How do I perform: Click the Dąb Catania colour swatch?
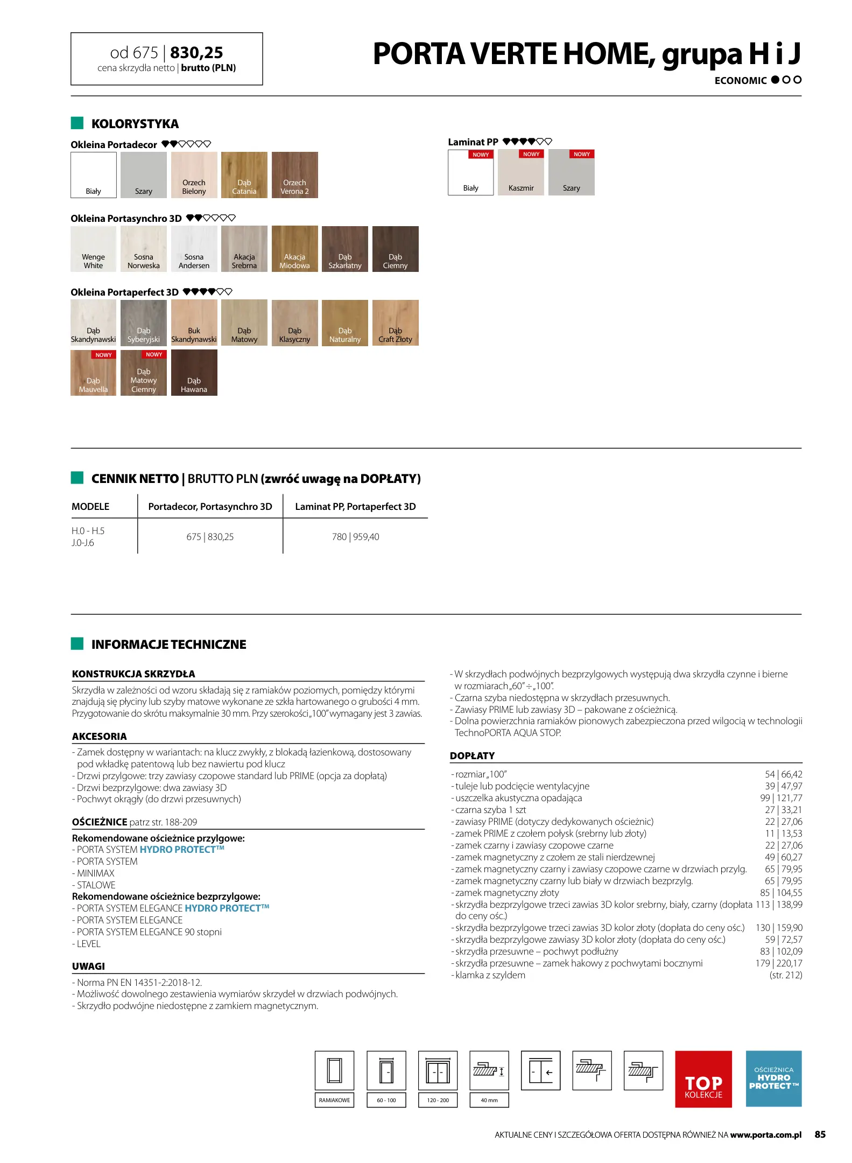click(244, 174)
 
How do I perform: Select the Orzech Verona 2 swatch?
click(294, 174)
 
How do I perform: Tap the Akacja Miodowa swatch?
click(294, 248)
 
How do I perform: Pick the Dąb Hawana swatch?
click(194, 372)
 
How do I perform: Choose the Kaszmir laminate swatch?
click(520, 172)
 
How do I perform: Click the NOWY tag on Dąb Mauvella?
click(103, 355)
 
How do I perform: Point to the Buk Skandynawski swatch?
click(194, 322)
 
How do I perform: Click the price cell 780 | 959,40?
click(355, 537)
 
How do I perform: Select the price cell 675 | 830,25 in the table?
click(210, 537)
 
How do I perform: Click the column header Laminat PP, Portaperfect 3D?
click(355, 507)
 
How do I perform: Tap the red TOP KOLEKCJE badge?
click(703, 1078)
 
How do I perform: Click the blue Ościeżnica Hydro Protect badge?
click(773, 1078)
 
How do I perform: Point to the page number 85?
click(820, 1134)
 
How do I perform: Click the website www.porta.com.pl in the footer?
click(765, 1135)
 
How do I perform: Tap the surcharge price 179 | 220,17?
click(778, 963)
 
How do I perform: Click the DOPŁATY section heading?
click(472, 756)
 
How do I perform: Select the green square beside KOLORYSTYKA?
click(77, 123)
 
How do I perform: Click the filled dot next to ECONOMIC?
click(775, 80)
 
